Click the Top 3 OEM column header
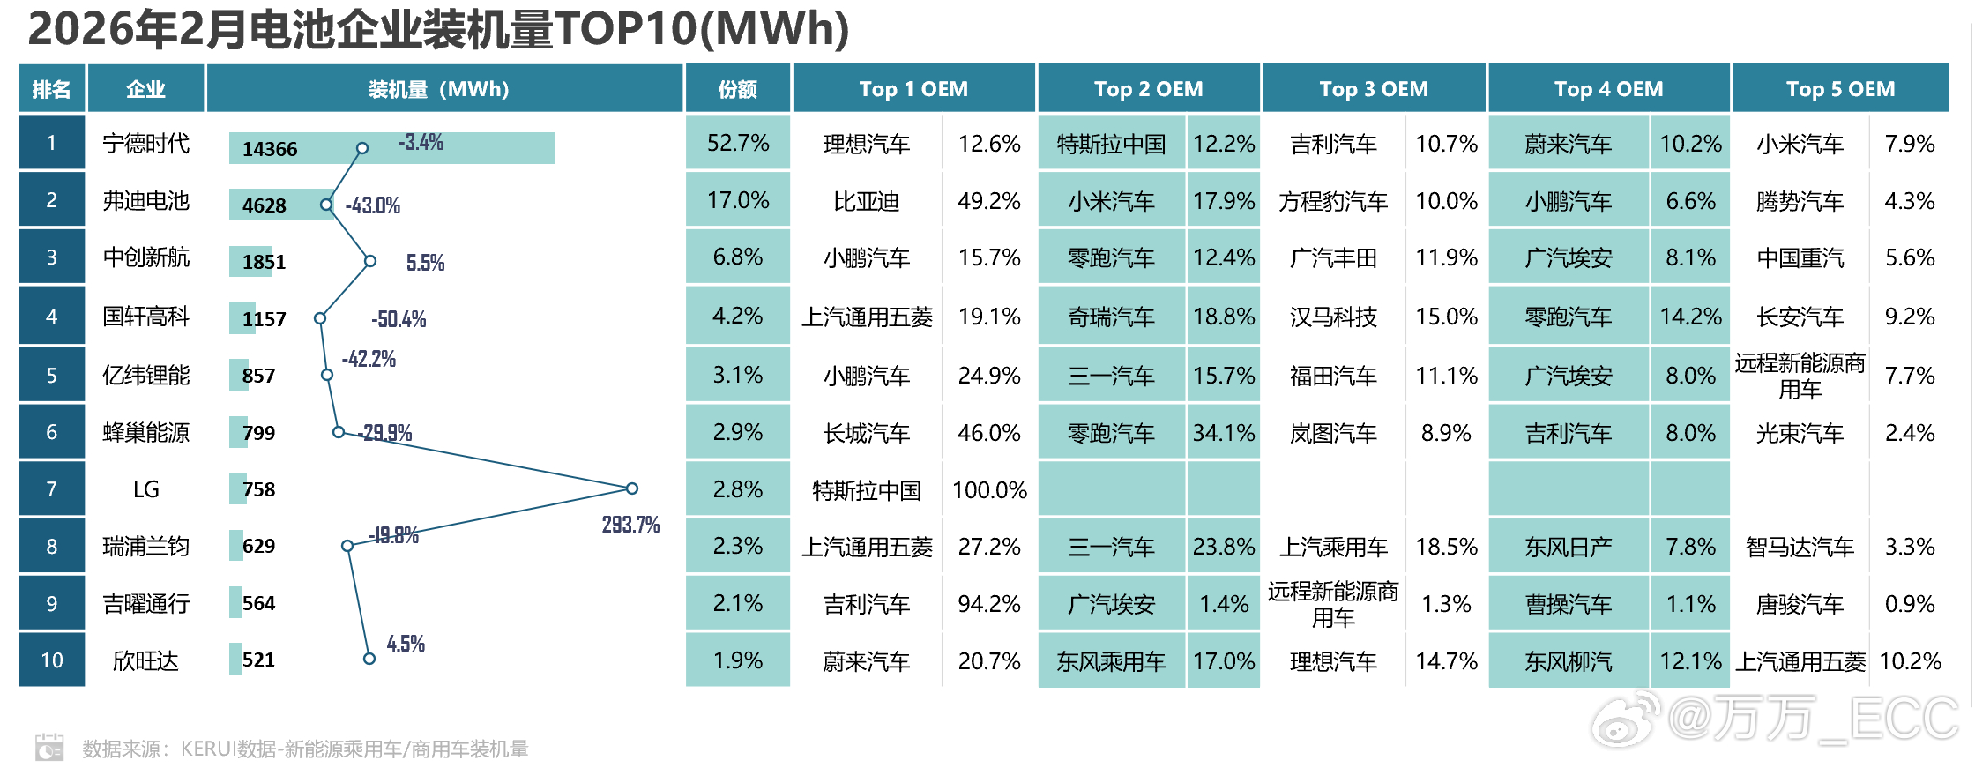point(1373,89)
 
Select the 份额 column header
point(737,89)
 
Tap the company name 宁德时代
point(145,144)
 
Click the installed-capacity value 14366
point(270,149)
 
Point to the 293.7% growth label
point(630,526)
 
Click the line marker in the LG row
point(631,488)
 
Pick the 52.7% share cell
point(737,143)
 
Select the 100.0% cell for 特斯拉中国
point(989,490)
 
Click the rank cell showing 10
point(52,660)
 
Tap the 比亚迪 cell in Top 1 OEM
point(866,202)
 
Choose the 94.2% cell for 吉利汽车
point(989,604)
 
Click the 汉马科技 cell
point(1332,317)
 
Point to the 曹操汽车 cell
point(1568,604)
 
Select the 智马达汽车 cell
point(1800,548)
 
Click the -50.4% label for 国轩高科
point(399,319)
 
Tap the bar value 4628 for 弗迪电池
point(265,205)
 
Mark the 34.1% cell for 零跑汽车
point(1223,433)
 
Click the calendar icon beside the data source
point(49,747)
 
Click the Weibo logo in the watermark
point(1625,719)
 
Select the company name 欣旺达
point(145,661)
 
